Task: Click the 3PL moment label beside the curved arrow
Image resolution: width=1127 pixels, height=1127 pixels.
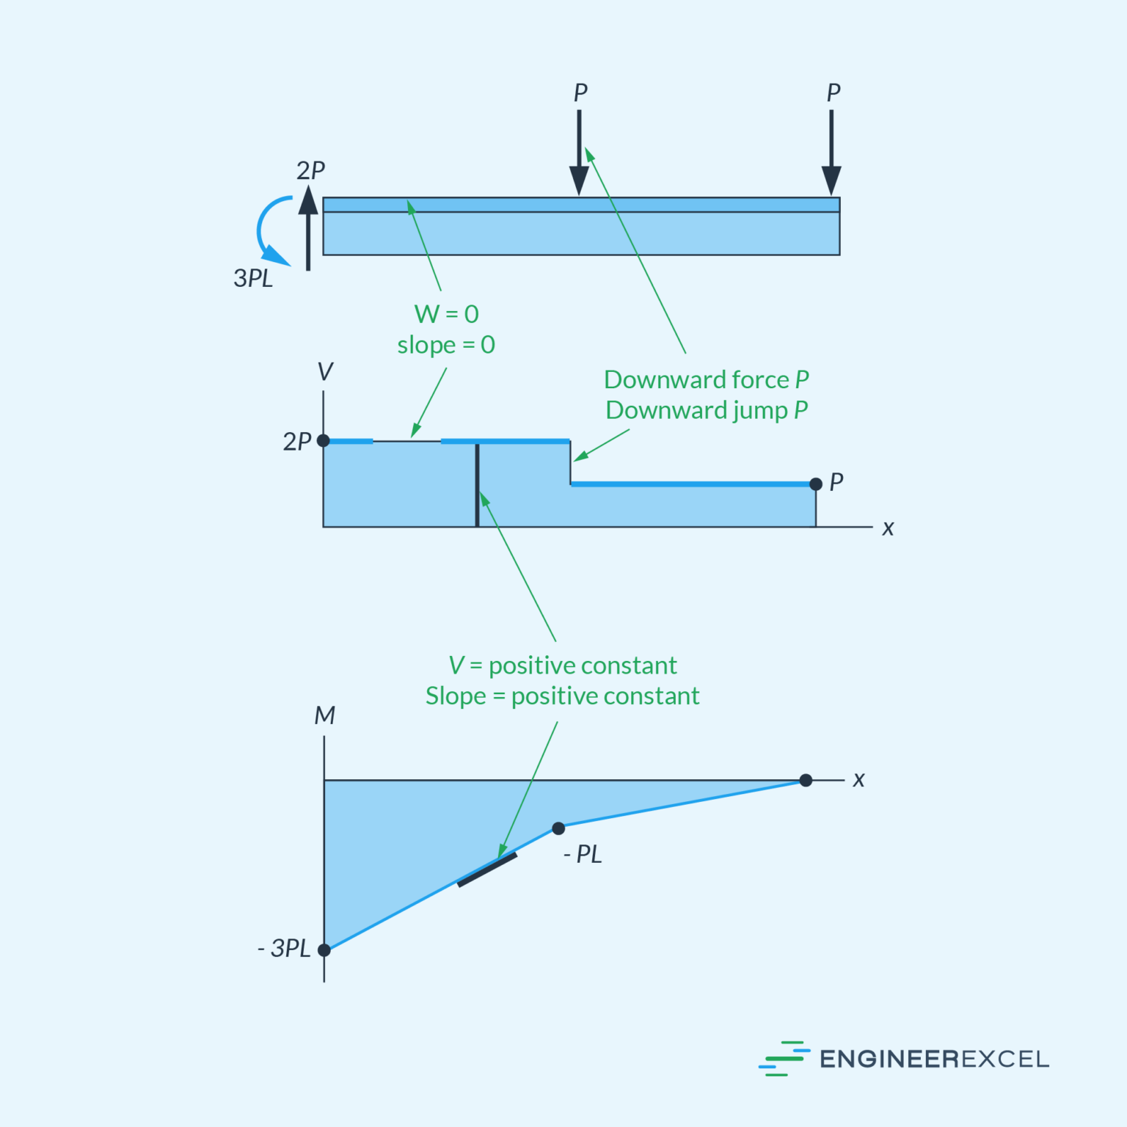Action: point(253,278)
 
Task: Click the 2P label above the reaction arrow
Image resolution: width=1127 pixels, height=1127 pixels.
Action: point(310,170)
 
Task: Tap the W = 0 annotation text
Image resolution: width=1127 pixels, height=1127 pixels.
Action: point(446,314)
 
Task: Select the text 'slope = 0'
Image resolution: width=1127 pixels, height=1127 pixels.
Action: point(446,345)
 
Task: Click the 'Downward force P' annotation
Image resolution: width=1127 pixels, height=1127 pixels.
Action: point(706,379)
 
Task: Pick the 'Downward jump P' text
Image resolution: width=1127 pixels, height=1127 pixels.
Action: point(706,410)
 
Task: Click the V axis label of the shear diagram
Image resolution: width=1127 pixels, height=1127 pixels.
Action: point(325,371)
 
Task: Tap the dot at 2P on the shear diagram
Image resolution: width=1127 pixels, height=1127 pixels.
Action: point(324,441)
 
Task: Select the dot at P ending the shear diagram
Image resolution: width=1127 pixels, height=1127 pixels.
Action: point(816,484)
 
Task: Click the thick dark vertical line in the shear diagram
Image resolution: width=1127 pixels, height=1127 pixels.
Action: point(478,485)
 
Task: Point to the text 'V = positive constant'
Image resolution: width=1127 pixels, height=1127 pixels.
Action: point(563,665)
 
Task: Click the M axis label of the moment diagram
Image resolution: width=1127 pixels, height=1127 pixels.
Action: point(324,715)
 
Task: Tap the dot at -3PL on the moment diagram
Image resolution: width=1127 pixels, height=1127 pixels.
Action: point(324,950)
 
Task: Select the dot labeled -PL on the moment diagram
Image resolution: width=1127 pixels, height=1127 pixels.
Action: point(558,828)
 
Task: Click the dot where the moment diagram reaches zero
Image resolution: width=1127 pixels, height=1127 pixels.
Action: point(806,780)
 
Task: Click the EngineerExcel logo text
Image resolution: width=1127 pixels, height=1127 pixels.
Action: point(934,1059)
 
